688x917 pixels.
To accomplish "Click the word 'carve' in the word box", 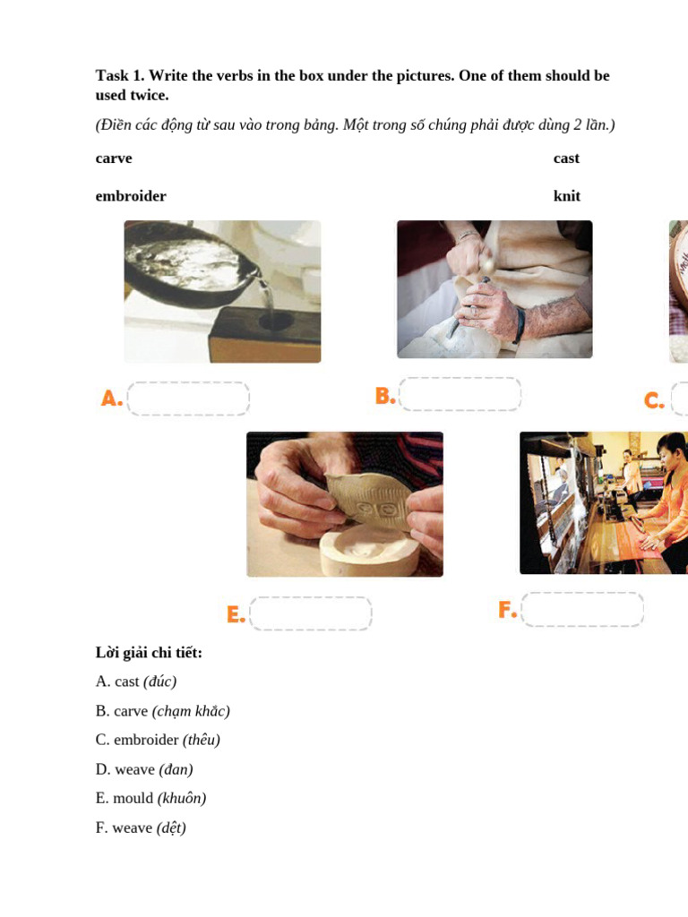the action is (x=114, y=159).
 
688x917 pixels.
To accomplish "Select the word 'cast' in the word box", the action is (x=566, y=159).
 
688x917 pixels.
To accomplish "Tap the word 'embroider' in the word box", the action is (x=131, y=196).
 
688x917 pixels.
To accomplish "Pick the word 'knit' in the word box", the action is (x=567, y=196).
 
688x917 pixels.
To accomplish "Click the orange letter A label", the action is (x=111, y=399).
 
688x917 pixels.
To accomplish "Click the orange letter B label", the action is (x=385, y=396).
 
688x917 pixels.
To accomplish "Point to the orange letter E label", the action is (x=236, y=614).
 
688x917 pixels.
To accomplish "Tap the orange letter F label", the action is (x=507, y=610).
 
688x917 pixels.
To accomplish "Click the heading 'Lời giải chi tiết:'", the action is (x=149, y=653).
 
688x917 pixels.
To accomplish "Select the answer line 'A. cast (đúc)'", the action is (x=136, y=681).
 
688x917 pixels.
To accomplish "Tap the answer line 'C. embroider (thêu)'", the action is (x=158, y=741).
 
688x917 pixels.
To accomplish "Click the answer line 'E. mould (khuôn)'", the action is (x=150, y=799).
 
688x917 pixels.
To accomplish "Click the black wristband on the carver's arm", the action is (x=519, y=324).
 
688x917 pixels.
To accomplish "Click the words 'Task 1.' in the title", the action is (x=120, y=76).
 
